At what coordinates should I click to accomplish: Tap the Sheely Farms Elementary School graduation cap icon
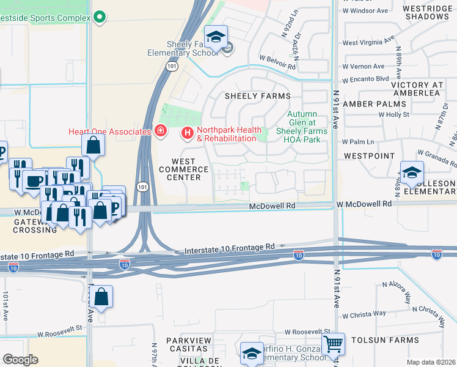pos(216,39)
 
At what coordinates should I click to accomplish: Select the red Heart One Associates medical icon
pos(160,131)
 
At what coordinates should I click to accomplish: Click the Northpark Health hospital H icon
pos(188,132)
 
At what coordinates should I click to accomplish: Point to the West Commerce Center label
pos(180,169)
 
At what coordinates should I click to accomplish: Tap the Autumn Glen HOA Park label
pos(302,127)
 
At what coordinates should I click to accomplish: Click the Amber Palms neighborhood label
pos(367,105)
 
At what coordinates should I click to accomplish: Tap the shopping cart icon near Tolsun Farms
pos(333,344)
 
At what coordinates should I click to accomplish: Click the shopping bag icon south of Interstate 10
pos(103,297)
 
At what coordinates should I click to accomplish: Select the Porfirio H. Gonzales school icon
pos(251,353)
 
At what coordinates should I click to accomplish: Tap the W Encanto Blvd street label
pos(366,79)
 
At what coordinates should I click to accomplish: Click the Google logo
pos(20,360)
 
